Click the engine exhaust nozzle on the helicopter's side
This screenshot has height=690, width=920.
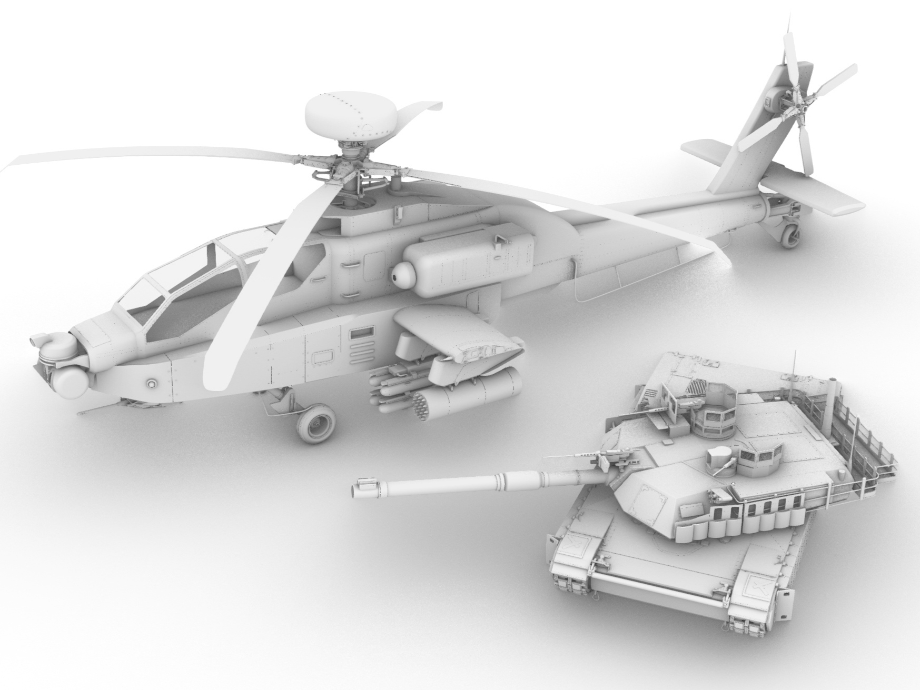[x=403, y=273]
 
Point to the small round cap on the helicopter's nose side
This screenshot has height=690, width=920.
[x=152, y=382]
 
